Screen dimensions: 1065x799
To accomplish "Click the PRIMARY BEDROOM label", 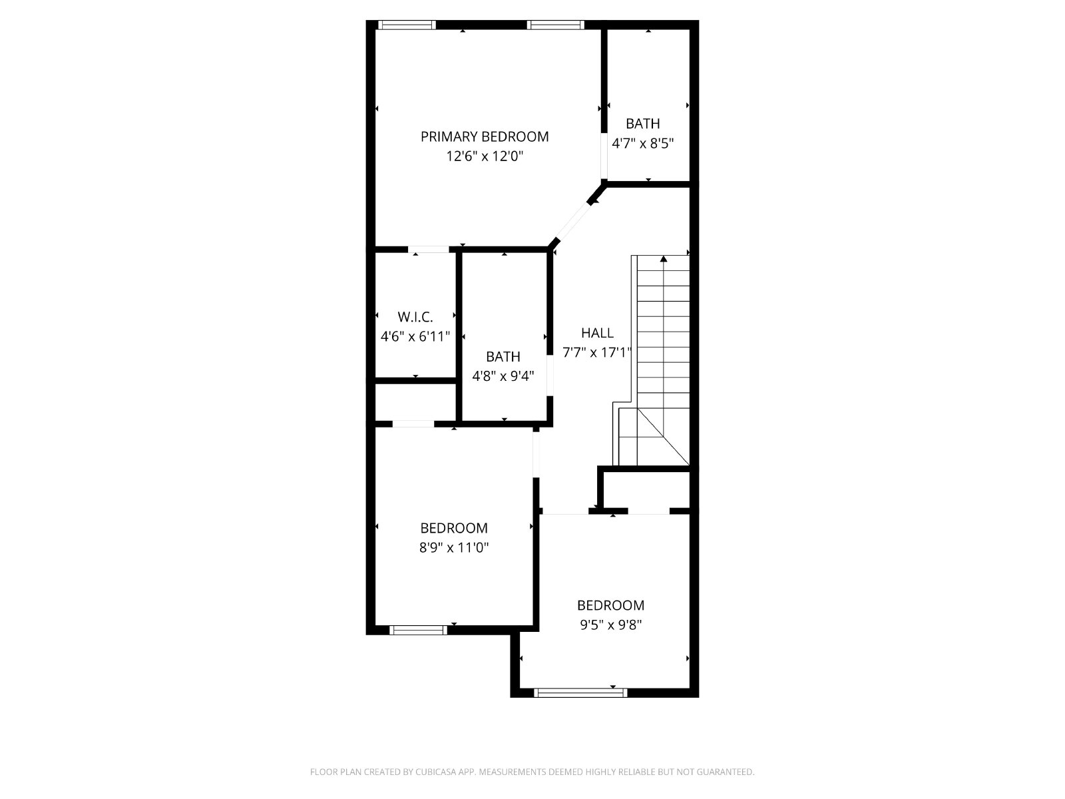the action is (484, 136).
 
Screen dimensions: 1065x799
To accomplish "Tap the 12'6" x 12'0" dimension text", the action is (485, 156).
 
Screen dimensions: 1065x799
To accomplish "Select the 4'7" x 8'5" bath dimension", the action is (643, 144).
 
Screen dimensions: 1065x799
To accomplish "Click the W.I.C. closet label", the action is (415, 317).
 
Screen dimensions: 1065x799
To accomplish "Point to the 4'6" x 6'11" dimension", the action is (415, 336).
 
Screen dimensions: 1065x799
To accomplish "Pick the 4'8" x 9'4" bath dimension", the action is (503, 376).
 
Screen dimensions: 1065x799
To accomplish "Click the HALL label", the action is (597, 333).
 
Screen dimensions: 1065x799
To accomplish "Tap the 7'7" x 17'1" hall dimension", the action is (596, 352).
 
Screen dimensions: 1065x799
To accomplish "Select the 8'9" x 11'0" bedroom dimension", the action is (454, 548).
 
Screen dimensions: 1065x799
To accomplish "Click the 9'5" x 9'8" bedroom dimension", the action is (611, 625).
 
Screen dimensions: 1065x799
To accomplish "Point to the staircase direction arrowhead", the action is (663, 259).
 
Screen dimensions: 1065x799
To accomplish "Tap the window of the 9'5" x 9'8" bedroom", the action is (580, 692).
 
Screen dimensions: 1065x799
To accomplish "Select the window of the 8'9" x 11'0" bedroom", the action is (418, 630).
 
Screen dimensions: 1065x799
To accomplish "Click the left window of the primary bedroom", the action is (407, 25).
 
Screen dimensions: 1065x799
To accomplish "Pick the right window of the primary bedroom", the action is (556, 25).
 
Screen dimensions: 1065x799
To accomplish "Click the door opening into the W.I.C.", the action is (429, 249).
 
